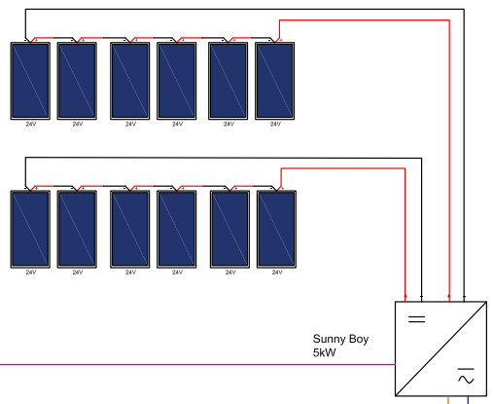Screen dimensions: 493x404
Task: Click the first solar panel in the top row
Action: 30,81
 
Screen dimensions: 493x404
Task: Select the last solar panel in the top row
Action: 275,81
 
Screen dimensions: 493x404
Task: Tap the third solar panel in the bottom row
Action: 130,229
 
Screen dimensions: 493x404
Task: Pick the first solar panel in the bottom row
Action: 30,229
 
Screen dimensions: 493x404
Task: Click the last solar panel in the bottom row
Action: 276,229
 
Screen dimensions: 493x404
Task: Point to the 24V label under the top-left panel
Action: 31,124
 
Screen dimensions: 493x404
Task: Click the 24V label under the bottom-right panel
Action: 277,273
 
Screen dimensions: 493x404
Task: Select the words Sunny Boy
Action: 340,340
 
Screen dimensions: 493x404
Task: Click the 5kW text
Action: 324,352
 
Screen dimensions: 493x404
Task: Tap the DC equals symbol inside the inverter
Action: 417,319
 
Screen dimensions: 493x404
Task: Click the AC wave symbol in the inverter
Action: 466,377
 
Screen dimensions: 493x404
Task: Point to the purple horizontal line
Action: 197,364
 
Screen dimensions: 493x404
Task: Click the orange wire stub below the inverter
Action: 448,400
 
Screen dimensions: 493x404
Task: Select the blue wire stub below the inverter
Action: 468,400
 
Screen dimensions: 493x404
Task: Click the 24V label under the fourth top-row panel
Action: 177,124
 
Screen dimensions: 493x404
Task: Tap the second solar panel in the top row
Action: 77,81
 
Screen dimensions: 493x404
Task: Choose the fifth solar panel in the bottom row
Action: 229,229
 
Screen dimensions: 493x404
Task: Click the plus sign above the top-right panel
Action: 281,40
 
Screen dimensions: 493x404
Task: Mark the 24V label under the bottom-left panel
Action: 31,273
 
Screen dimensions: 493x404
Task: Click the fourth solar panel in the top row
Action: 177,81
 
